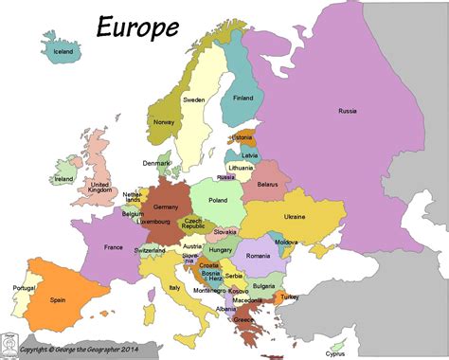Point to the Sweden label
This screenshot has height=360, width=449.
point(193,99)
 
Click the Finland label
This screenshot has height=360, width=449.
point(242,97)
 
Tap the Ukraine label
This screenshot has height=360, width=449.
point(295,217)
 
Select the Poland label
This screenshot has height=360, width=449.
point(219,200)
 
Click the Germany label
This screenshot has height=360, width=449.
point(167,206)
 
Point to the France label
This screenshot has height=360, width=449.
point(113,248)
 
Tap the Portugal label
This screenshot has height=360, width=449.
point(24,288)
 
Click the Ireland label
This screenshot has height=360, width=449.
point(64,178)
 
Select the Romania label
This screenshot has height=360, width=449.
point(257,256)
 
